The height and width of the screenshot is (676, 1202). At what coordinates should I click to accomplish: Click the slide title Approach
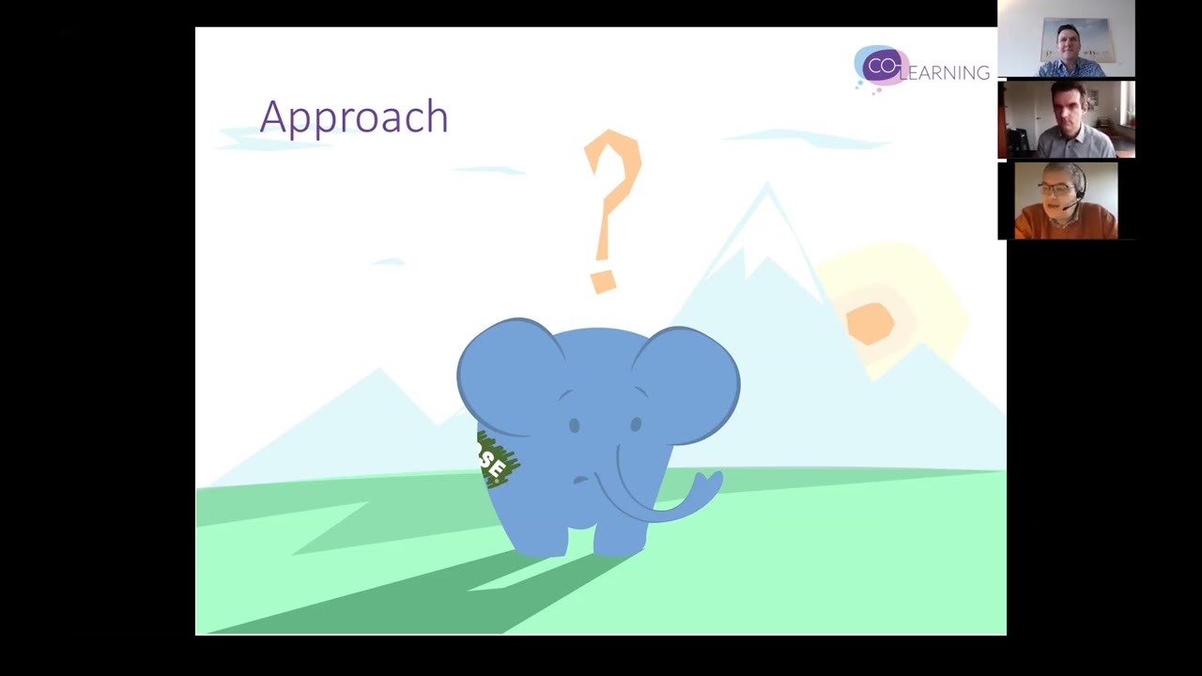(x=354, y=117)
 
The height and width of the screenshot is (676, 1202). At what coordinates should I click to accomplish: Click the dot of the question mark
(x=602, y=281)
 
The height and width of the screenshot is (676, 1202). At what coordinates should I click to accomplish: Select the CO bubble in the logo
(x=881, y=67)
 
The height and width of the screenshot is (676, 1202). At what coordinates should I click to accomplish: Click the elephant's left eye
(x=574, y=426)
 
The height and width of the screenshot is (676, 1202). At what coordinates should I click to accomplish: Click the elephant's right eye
(x=636, y=425)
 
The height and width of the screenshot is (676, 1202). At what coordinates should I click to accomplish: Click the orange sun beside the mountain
(x=870, y=322)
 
